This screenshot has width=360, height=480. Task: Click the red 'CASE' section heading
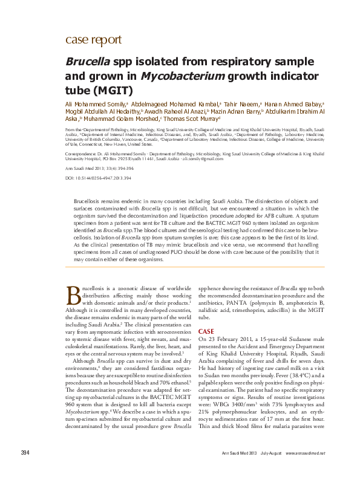(206, 331)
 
